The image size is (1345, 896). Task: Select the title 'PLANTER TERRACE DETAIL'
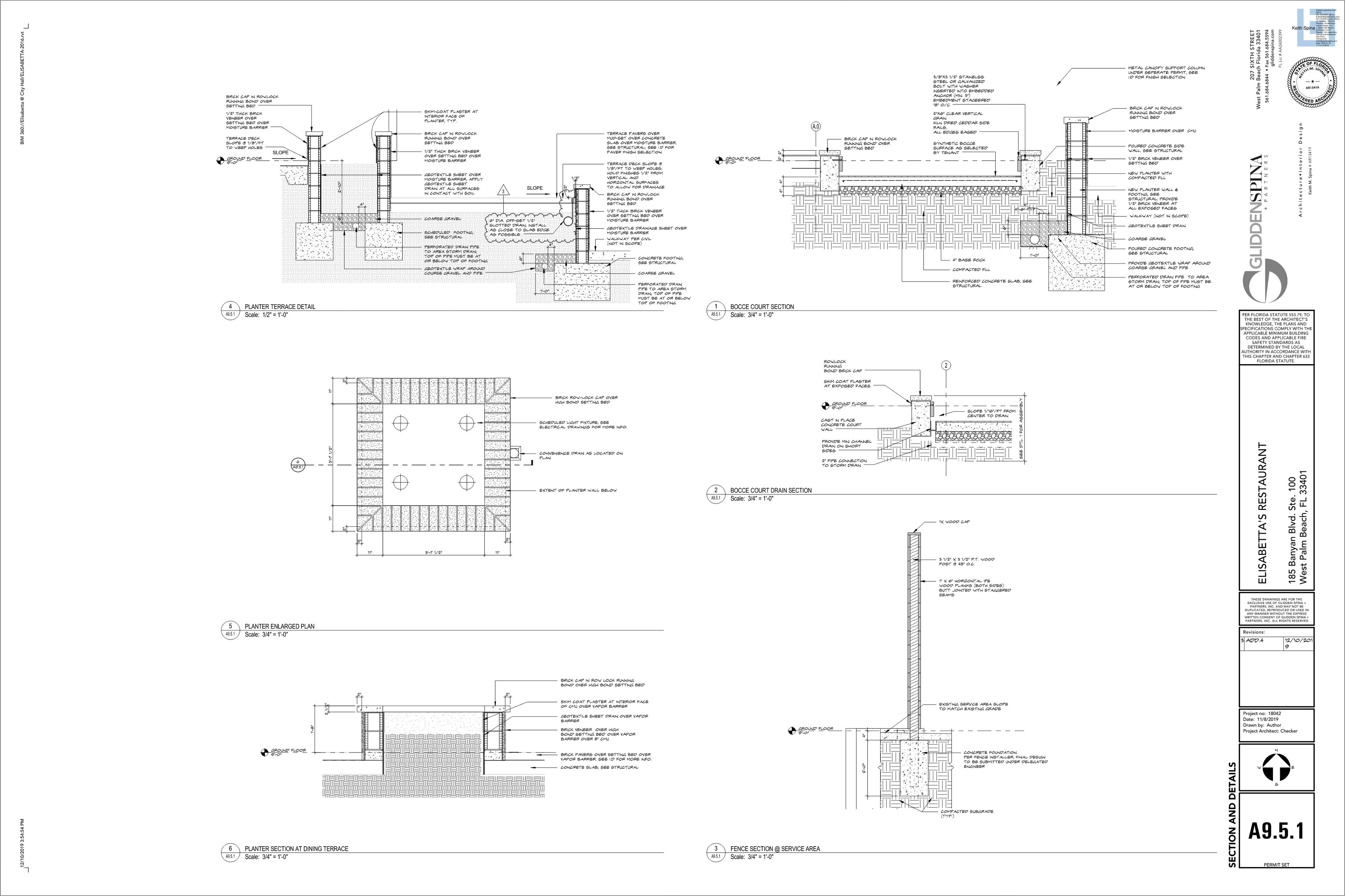point(280,307)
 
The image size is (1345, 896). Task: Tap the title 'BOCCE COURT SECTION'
point(762,307)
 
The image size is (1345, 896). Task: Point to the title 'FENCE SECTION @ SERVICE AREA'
point(775,848)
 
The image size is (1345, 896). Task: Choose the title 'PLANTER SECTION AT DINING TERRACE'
point(296,848)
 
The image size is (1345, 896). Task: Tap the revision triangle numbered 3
point(503,191)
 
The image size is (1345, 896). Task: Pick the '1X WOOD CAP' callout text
point(954,522)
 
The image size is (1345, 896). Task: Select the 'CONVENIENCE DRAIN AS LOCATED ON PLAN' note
point(580,455)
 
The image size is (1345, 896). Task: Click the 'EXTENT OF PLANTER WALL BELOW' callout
point(578,490)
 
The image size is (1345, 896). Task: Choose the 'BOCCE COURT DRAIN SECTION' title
point(770,490)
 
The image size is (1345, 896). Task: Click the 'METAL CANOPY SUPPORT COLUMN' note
point(1165,72)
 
